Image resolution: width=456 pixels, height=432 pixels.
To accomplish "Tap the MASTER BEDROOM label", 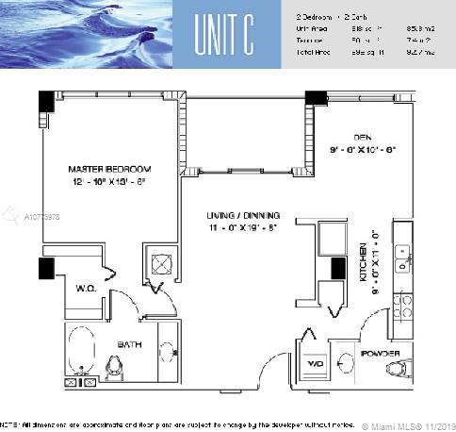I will click(109, 169).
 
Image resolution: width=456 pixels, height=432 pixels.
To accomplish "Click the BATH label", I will click(129, 344).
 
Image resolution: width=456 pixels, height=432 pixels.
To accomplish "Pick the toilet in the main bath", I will click(116, 366).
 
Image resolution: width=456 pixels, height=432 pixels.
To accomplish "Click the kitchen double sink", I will click(403, 257).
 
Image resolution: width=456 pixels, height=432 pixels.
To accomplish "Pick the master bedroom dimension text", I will click(109, 183).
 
